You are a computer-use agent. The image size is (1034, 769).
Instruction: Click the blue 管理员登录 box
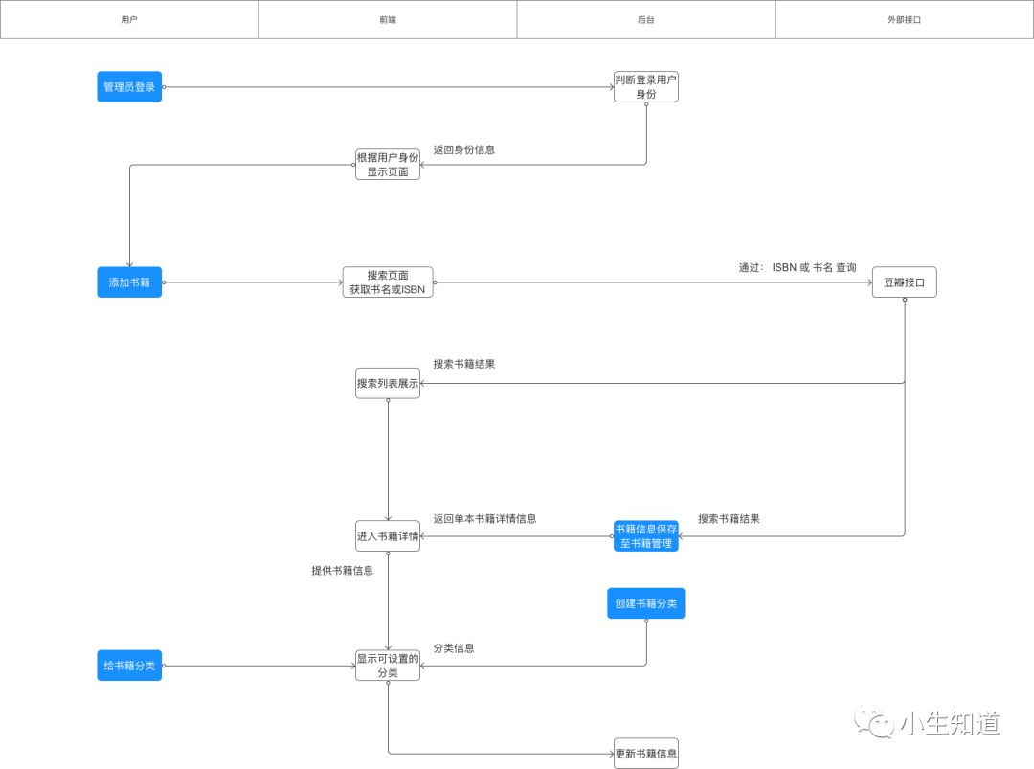[129, 87]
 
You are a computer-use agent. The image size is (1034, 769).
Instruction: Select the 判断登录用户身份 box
[646, 87]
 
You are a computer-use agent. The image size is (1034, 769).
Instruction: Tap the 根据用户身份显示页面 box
[388, 165]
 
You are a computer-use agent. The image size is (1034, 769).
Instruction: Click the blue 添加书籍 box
[129, 283]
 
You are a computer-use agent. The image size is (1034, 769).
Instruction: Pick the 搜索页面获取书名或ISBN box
[388, 283]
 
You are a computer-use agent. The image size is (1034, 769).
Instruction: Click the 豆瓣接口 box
[904, 283]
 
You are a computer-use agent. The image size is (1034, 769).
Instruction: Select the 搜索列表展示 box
[388, 383]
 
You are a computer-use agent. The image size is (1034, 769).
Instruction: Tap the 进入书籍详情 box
[388, 536]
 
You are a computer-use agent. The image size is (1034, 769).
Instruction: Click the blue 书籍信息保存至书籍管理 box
[646, 536]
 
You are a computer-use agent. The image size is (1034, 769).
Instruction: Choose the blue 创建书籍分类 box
[646, 603]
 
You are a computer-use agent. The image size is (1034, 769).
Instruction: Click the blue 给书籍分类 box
[129, 666]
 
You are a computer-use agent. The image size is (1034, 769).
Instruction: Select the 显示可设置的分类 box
[388, 666]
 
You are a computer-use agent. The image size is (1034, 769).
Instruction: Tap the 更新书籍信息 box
[646, 753]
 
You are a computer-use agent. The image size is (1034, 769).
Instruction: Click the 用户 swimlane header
[129, 19]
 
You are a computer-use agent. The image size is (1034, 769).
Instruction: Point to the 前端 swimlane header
[388, 19]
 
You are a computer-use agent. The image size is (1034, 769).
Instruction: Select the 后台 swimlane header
[646, 19]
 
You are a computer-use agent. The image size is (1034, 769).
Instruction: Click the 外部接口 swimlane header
[904, 19]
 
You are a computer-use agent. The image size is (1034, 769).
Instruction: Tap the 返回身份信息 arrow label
[463, 149]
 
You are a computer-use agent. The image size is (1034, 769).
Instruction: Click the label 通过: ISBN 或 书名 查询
[797, 268]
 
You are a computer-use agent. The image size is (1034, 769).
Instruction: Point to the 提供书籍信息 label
[342, 570]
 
